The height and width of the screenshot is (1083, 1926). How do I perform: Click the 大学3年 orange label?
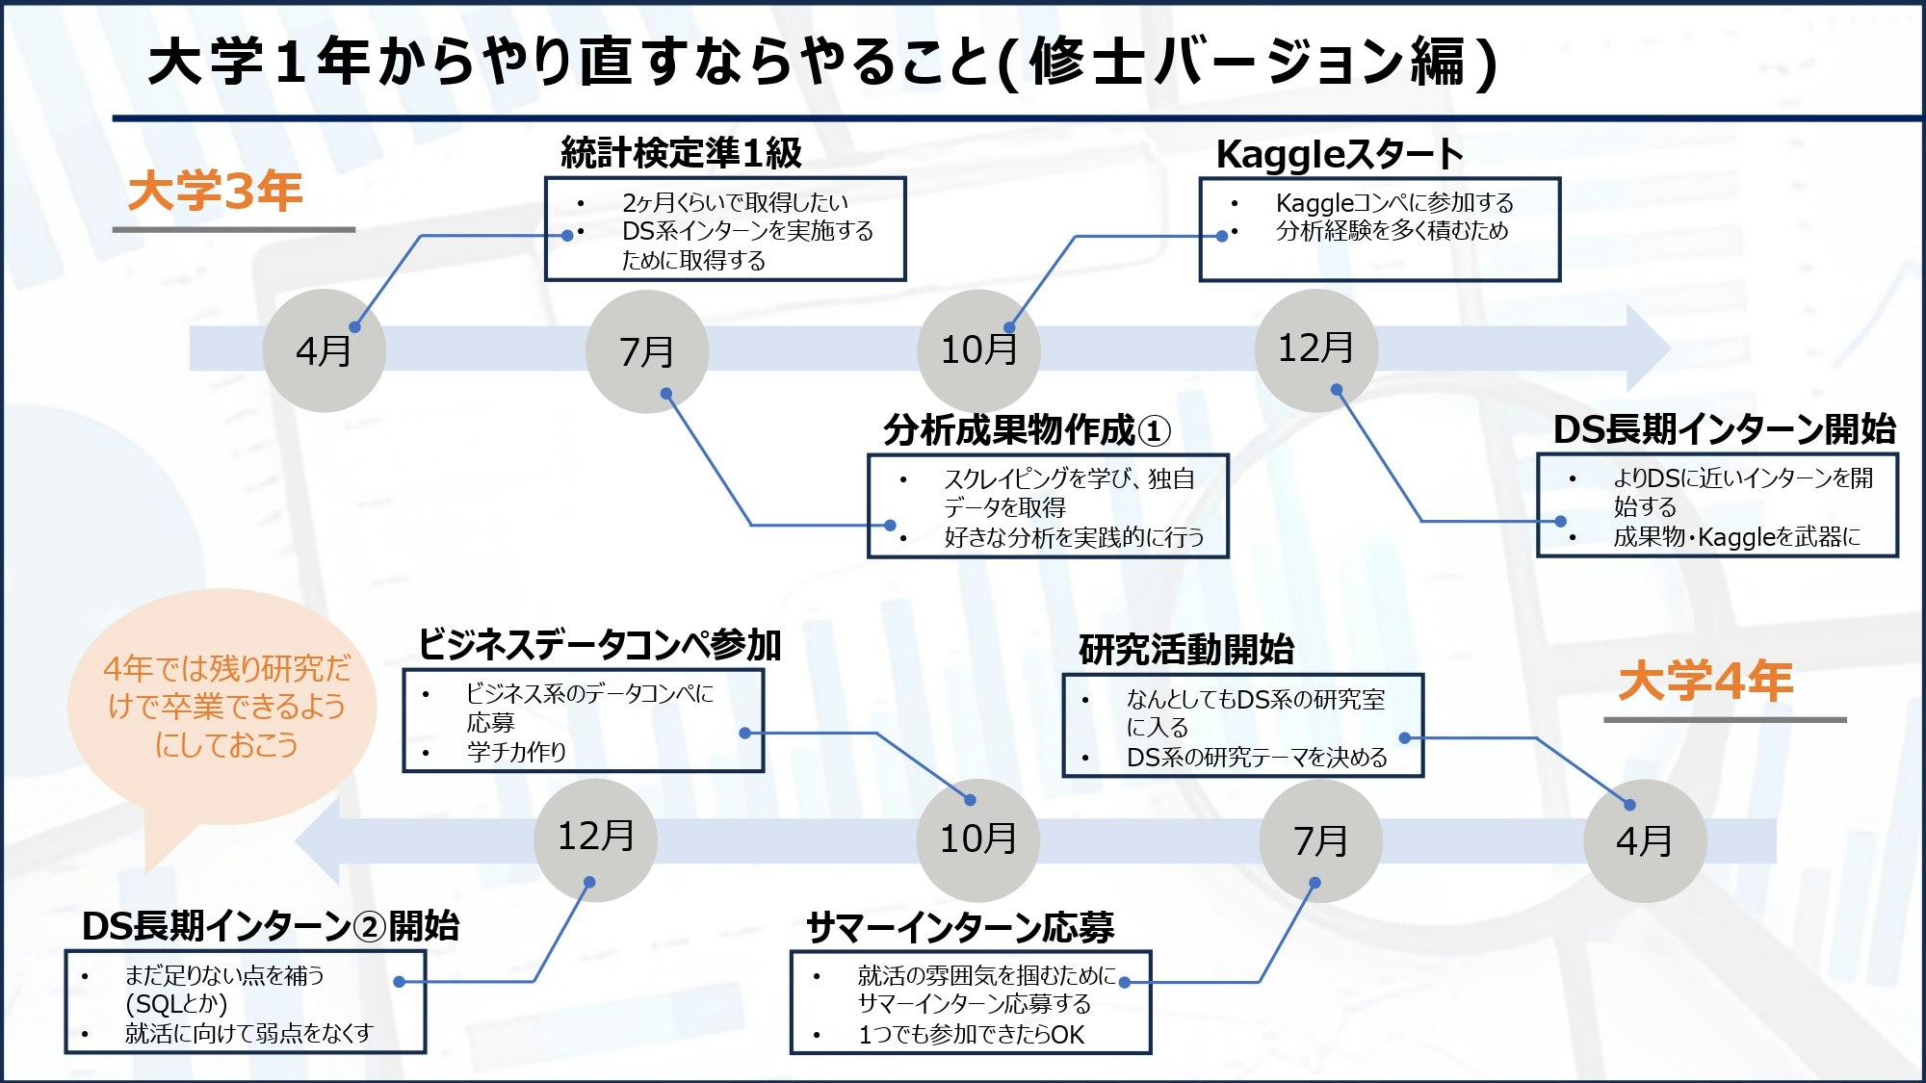coord(215,191)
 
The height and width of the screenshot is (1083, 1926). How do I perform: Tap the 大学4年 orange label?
coord(1705,681)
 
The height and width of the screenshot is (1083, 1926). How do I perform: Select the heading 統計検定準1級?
coord(681,152)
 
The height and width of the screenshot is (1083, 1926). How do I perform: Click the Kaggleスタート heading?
coord(1340,154)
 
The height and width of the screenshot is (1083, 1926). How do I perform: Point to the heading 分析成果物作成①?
coord(1027,429)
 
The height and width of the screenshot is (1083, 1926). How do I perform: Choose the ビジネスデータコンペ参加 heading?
coord(599,644)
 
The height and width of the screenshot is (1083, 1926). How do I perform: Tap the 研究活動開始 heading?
coord(1185,649)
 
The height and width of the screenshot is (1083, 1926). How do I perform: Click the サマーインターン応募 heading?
coord(959,927)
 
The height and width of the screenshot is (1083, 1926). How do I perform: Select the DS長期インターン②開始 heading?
coord(270,925)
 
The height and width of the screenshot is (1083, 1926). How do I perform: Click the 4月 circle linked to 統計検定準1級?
coord(324,350)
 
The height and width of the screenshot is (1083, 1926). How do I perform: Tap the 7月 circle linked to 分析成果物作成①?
coord(646,351)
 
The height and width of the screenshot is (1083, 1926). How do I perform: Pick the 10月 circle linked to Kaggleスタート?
coord(978,349)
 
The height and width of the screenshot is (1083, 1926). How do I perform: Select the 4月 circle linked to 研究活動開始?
coord(1644,840)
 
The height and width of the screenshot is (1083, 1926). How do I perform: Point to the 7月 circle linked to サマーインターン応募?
coord(1320,840)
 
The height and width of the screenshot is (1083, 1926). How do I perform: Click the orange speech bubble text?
coord(226,706)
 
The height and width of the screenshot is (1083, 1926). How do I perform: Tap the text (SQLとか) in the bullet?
coord(176,1004)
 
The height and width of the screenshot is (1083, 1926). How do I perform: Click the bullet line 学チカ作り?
coord(516,752)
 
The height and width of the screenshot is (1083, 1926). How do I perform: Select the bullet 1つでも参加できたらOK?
coord(971,1035)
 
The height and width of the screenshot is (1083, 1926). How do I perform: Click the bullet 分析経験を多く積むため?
coord(1392,231)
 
